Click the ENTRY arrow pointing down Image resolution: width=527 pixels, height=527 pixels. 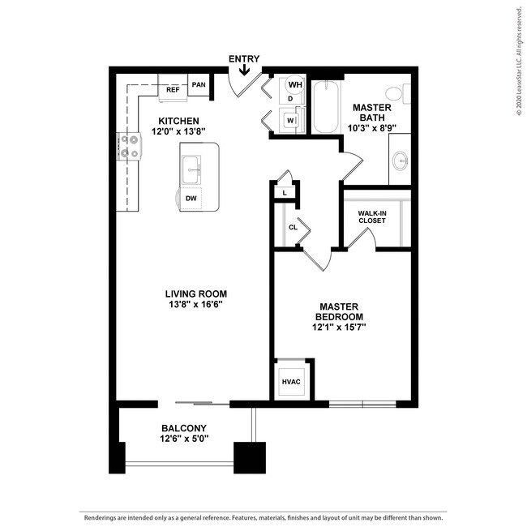point(244,70)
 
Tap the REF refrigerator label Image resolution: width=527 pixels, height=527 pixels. point(173,90)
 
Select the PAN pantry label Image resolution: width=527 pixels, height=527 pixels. point(199,84)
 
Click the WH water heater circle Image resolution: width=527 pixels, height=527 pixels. point(295,84)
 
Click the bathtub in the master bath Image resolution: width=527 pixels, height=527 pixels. point(326,107)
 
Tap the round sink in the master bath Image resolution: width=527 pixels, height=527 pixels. point(401,160)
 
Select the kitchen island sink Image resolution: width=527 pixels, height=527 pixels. point(191,169)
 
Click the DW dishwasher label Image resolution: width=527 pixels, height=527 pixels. point(191,199)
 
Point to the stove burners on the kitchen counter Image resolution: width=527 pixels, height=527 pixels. point(129,147)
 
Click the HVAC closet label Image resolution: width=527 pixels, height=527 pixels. point(291,382)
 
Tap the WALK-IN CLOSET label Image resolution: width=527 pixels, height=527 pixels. point(371,216)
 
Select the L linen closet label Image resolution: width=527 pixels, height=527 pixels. point(285,193)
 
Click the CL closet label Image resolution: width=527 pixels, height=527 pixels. point(293,227)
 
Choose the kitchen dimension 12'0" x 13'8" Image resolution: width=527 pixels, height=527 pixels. point(178,131)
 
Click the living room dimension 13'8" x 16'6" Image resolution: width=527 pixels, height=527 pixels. point(196,305)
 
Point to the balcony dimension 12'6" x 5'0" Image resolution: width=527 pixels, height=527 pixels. point(184,439)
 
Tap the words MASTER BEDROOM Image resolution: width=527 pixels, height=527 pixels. point(339,311)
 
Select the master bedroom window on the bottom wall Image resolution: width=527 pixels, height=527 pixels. point(362,404)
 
